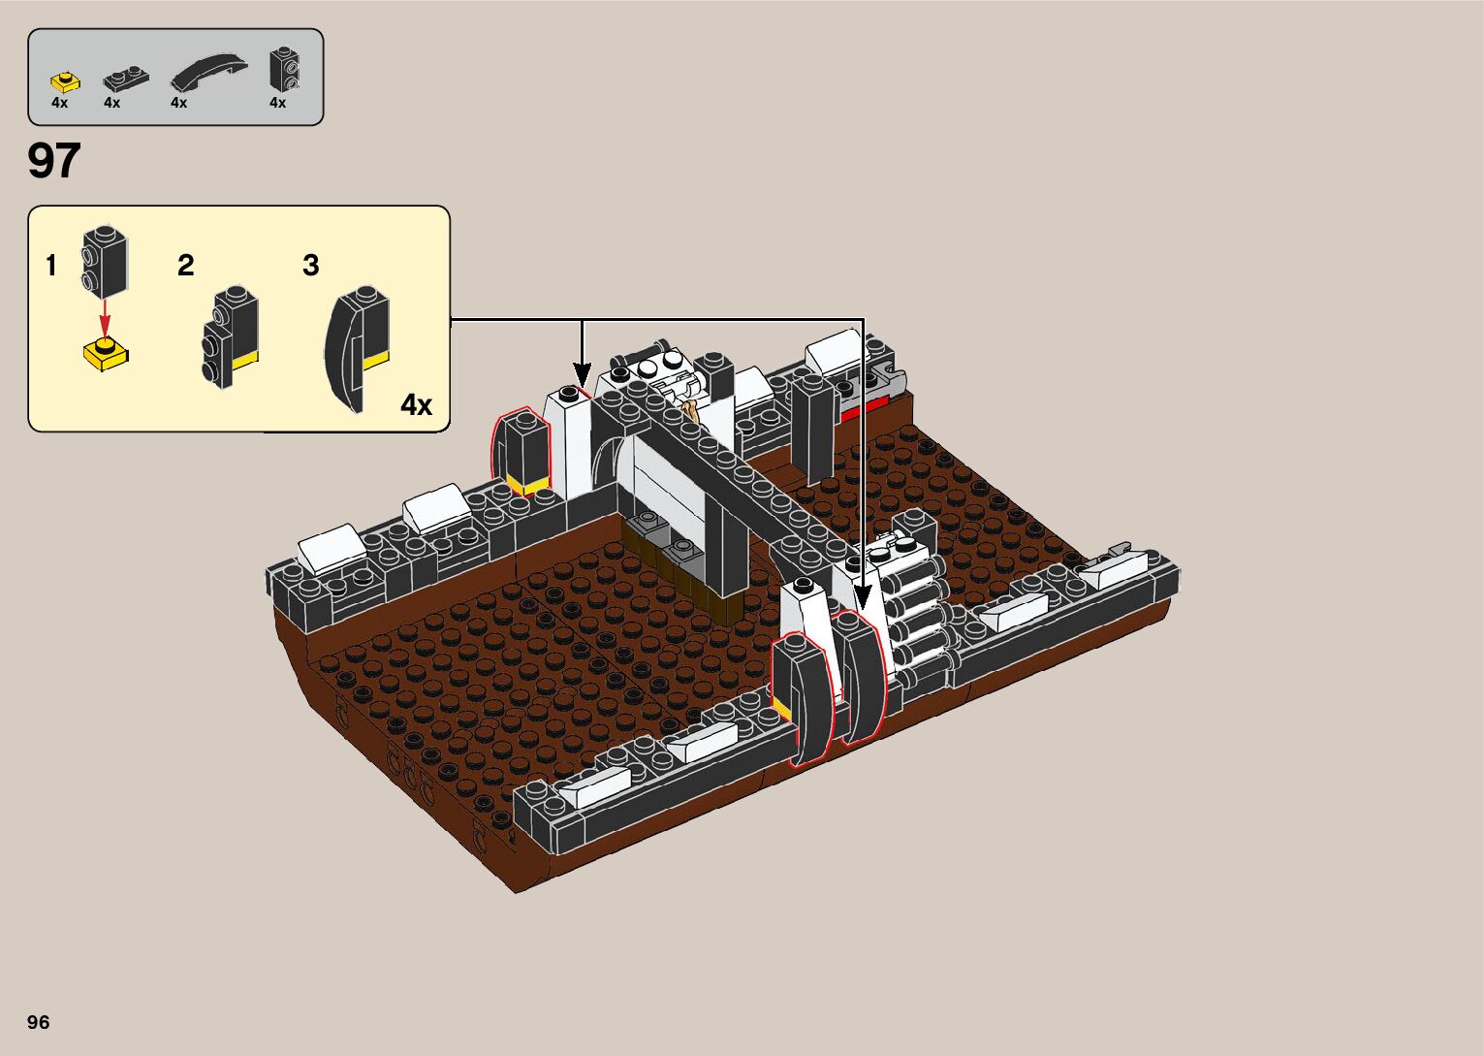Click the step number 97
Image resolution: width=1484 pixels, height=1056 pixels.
(x=53, y=160)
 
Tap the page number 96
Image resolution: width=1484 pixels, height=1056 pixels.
(x=39, y=1021)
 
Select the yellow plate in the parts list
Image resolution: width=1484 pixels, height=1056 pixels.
(x=65, y=82)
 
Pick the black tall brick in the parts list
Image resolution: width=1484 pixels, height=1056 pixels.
(x=284, y=69)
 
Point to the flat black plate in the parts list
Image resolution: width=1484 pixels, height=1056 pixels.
(x=126, y=79)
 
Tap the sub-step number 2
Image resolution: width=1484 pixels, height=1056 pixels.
(x=186, y=265)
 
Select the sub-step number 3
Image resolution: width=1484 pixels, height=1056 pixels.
(x=311, y=265)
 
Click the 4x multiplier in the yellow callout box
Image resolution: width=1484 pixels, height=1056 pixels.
(x=416, y=404)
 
